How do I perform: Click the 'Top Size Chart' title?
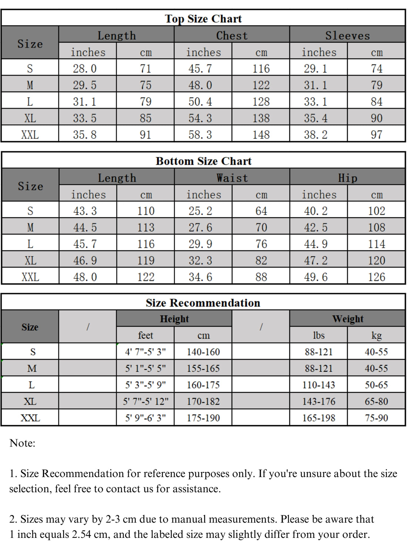point(203,19)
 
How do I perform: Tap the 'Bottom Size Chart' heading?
point(203,161)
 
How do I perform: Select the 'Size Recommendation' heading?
point(203,303)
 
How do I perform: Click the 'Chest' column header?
point(232,36)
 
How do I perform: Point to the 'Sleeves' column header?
point(347,36)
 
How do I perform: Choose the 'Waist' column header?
point(232,178)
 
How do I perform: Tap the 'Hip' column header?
point(347,178)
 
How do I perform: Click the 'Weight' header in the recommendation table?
point(347,319)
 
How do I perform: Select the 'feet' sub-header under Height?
point(145,335)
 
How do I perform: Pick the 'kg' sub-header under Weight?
point(376,335)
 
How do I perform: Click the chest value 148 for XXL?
point(261,135)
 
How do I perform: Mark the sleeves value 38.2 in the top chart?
point(316,135)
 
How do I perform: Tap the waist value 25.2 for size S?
point(200,211)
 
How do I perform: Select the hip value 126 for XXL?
point(376,277)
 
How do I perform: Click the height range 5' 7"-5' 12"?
point(145,401)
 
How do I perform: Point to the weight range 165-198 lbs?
point(319,418)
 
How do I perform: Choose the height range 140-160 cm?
point(203,352)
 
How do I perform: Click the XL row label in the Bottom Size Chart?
point(30,261)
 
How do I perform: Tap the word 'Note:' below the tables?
point(22,443)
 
